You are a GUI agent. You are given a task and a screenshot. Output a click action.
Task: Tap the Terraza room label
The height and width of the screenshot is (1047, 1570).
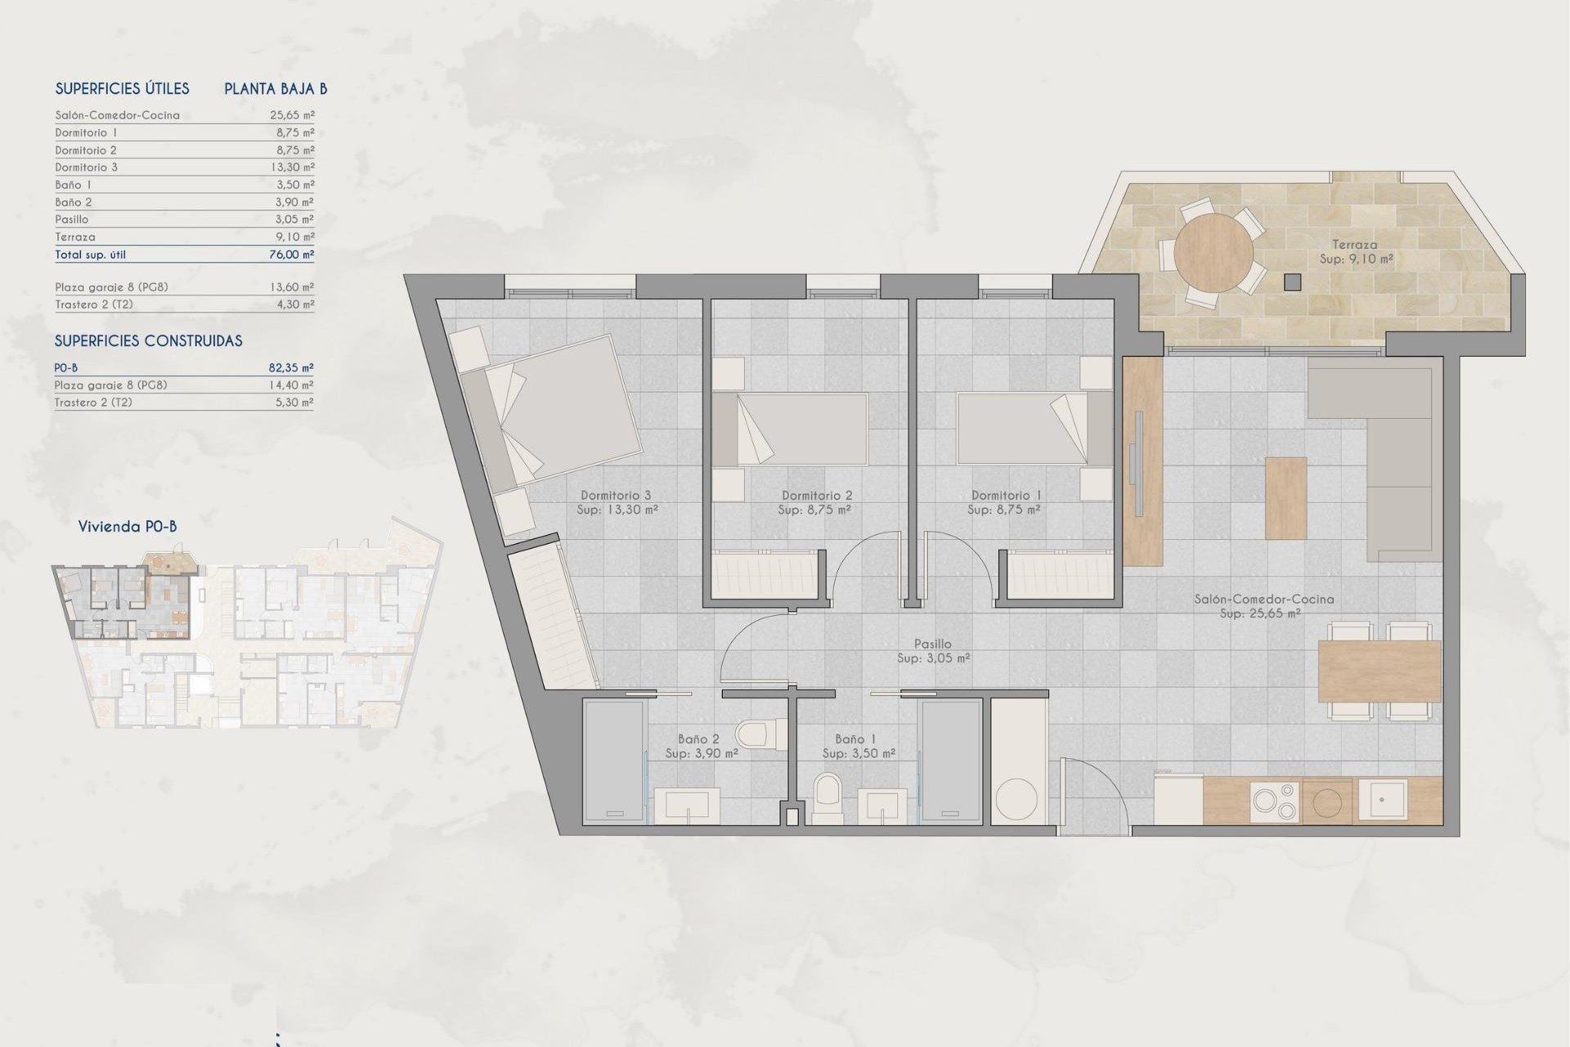point(1354,245)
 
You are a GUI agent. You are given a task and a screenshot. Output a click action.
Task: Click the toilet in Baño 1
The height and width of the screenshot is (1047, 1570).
point(828,796)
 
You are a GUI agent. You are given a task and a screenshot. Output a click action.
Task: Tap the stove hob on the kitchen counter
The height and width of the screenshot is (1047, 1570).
point(1274,800)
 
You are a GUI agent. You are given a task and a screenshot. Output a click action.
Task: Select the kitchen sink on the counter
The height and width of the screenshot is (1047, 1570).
point(1383,799)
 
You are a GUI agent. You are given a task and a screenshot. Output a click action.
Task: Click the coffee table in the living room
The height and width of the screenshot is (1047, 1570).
point(1285,497)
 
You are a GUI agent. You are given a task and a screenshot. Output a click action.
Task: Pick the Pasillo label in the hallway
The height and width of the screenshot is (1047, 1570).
point(932,645)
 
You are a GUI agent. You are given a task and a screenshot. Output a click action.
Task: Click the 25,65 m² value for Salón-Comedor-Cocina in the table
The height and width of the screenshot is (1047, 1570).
point(292,115)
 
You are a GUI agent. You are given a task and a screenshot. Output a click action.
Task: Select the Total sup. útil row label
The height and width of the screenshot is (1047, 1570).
point(90,254)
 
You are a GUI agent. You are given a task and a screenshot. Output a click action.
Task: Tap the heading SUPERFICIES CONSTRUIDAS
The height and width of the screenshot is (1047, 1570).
point(148,341)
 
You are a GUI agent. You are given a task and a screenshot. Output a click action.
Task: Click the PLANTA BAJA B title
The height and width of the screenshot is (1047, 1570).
point(276,89)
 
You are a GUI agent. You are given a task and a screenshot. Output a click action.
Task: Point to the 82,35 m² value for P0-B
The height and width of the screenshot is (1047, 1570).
point(291,368)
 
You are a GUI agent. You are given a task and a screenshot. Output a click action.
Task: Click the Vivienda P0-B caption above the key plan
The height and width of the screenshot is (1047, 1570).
point(128,527)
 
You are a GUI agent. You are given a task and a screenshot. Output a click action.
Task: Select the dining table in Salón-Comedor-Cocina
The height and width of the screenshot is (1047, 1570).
point(1379,671)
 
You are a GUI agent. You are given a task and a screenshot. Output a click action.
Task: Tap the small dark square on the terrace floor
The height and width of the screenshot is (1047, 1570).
point(1292,281)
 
